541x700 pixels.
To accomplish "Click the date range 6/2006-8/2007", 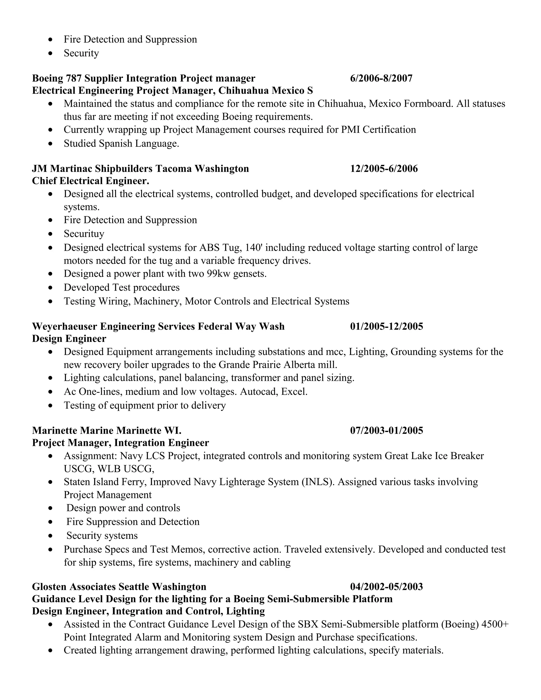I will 381,78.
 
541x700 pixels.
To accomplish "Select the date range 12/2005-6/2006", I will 384,169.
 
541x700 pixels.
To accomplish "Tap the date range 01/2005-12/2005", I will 386,326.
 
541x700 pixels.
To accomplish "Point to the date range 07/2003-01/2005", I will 386,430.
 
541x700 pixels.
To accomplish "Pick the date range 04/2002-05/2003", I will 386,586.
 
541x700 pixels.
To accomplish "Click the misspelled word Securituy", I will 84,234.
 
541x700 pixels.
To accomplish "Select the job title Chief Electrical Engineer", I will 91,181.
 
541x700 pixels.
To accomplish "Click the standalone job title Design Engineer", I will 69,339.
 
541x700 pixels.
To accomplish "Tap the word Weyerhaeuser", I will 64,326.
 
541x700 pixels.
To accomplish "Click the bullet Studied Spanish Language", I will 121,143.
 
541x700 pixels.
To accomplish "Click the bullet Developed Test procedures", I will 122,287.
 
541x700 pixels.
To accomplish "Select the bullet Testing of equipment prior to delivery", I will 144,405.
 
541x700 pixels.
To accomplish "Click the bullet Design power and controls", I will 123,508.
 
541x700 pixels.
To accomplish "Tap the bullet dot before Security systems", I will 50,536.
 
